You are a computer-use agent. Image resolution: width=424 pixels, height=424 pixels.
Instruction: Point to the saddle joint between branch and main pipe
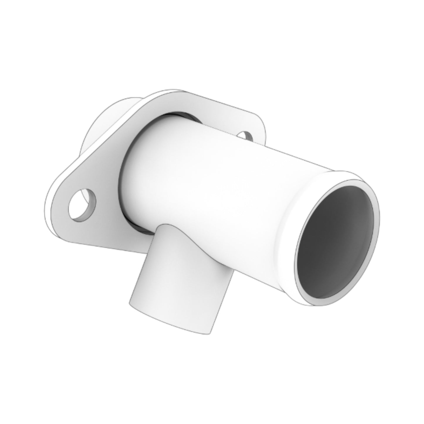pos(188,232)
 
